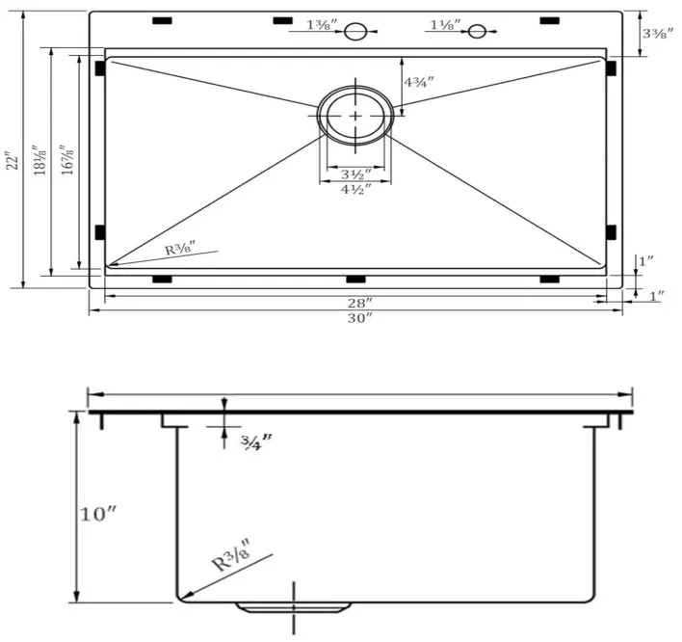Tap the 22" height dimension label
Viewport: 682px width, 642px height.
12,160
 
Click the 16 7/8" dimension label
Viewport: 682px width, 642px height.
66,160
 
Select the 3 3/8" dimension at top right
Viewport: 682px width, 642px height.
658,33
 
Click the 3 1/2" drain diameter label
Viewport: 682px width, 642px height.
355,174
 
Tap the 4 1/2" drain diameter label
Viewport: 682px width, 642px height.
355,189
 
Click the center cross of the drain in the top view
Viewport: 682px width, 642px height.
355,115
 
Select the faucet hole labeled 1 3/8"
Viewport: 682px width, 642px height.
355,32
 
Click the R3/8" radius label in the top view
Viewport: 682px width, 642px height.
180,249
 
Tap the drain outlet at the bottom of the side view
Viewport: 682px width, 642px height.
294,606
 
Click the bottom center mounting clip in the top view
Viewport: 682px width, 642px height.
355,280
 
